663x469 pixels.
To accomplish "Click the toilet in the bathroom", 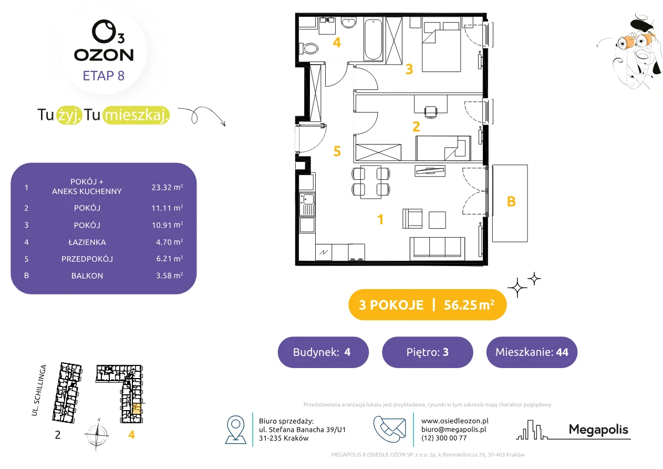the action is pyautogui.click(x=309, y=48).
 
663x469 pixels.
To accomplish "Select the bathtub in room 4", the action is pyautogui.click(x=373, y=39).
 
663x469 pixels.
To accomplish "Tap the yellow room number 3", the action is pyautogui.click(x=409, y=69).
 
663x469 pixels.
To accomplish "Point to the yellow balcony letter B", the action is pyautogui.click(x=511, y=201).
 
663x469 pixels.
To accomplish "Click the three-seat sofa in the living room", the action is pyautogui.click(x=437, y=248).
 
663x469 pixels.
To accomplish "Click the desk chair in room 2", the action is pyautogui.click(x=431, y=112).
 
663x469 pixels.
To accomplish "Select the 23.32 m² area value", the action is pyautogui.click(x=167, y=187).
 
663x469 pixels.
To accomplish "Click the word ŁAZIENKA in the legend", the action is pyautogui.click(x=87, y=242).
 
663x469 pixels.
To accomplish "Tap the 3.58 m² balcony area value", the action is pyautogui.click(x=169, y=276).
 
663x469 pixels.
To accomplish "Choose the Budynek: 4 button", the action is pyautogui.click(x=323, y=352).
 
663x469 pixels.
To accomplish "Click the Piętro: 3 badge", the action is pyautogui.click(x=428, y=352).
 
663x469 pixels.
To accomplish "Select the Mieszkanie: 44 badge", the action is pyautogui.click(x=532, y=352).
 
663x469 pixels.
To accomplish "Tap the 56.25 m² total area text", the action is pyautogui.click(x=469, y=305).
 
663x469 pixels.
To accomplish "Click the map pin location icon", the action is pyautogui.click(x=235, y=429).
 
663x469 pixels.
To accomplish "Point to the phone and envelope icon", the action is pyautogui.click(x=389, y=429).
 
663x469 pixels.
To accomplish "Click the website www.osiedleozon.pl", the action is pyautogui.click(x=455, y=421).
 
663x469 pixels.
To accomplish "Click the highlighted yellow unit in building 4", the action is pyautogui.click(x=136, y=409).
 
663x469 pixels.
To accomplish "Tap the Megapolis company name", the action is pyautogui.click(x=598, y=430).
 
